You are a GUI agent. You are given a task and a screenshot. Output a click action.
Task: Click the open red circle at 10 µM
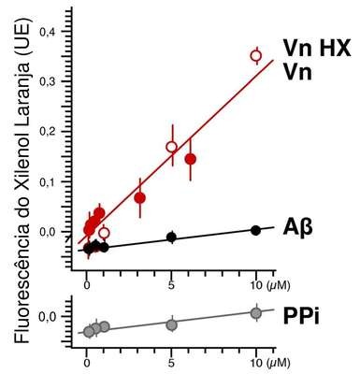256,56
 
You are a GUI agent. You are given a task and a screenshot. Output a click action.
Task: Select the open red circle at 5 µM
171,147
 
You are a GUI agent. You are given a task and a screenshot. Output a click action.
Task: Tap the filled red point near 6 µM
191,159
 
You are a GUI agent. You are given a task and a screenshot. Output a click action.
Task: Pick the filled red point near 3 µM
140,198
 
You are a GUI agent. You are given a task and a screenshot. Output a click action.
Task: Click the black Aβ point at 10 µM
255,230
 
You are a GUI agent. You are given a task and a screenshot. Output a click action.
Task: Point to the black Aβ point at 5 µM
171,237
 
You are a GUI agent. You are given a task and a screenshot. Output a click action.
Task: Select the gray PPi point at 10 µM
256,313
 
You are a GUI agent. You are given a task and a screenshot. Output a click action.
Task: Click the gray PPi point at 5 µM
171,325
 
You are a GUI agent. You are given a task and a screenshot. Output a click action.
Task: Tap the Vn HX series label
317,48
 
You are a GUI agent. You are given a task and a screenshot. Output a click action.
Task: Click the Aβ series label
297,227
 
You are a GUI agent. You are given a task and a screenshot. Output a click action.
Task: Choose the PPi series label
301,316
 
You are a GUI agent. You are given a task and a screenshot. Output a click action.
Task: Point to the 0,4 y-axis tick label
48,32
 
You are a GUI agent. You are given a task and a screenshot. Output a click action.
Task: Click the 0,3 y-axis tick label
48,82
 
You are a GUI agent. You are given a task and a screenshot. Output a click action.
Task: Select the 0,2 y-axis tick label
48,132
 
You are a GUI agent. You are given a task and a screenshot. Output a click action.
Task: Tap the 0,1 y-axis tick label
48,182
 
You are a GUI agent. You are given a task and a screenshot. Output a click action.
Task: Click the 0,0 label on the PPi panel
48,318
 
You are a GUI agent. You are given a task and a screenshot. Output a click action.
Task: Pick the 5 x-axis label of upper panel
171,285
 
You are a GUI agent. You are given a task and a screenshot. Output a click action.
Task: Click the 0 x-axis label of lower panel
87,363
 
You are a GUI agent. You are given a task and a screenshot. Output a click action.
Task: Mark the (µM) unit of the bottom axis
279,363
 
